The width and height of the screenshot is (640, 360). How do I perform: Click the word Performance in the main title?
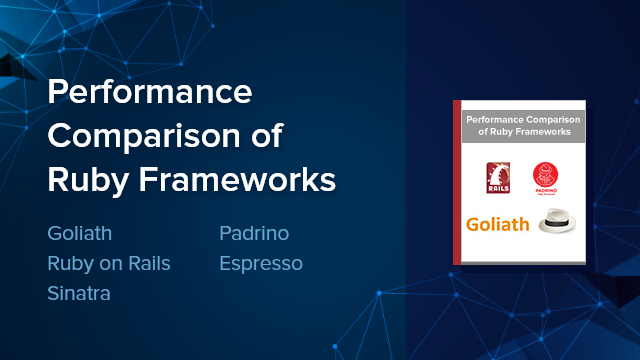coord(150,94)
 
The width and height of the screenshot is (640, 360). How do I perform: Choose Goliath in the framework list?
coord(80,234)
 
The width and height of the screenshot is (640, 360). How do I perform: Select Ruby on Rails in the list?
coord(109,264)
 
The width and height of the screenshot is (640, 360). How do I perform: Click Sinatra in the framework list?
coord(79,294)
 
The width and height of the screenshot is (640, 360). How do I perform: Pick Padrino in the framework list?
coord(254,234)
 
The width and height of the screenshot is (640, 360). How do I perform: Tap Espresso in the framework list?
coord(260,264)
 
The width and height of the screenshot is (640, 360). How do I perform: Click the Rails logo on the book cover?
coord(499,178)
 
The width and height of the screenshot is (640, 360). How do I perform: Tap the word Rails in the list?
coord(146,264)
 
